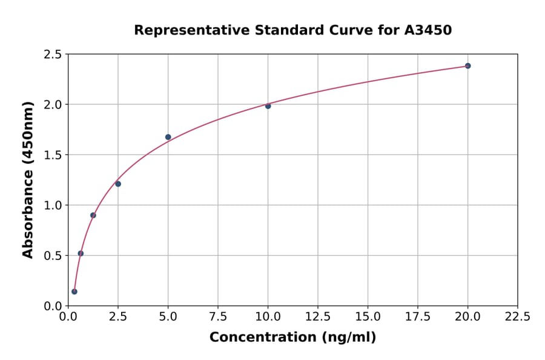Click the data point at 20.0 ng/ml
click(x=467, y=65)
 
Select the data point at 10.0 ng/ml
click(x=268, y=105)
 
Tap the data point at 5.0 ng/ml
click(x=168, y=137)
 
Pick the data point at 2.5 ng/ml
click(x=118, y=184)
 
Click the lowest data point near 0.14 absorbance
click(x=74, y=292)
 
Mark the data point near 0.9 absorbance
click(x=93, y=215)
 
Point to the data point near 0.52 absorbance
click(x=81, y=253)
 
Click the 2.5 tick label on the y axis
click(x=53, y=55)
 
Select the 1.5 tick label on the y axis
click(x=53, y=155)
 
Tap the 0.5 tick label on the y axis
click(x=53, y=256)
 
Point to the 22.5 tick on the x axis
click(x=517, y=317)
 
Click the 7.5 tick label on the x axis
click(x=218, y=317)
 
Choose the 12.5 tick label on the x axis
click(x=317, y=317)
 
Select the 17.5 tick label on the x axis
click(x=417, y=317)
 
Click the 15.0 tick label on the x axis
click(x=368, y=317)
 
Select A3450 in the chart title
click(x=428, y=30)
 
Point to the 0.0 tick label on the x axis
click(x=68, y=317)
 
